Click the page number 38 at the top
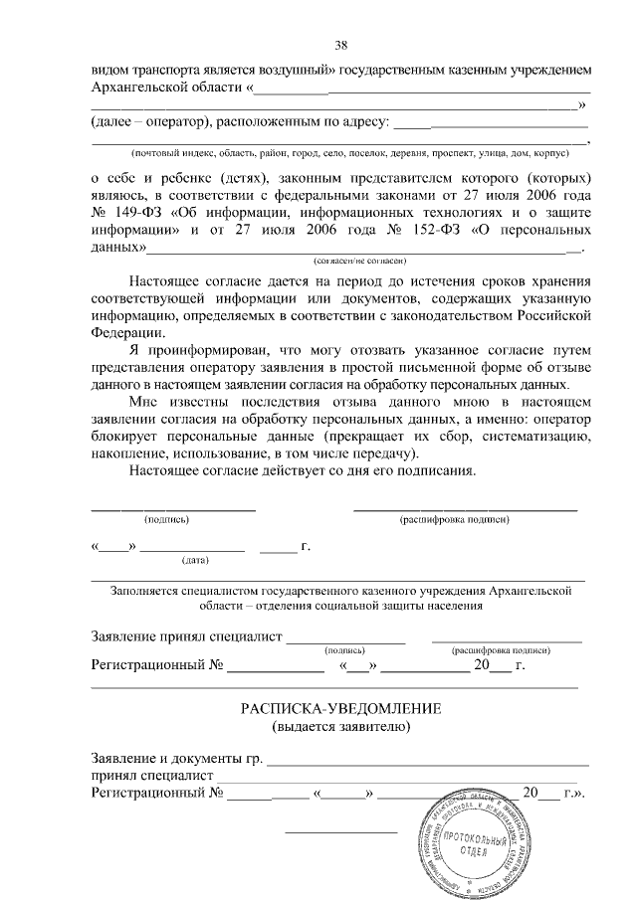[340, 45]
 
